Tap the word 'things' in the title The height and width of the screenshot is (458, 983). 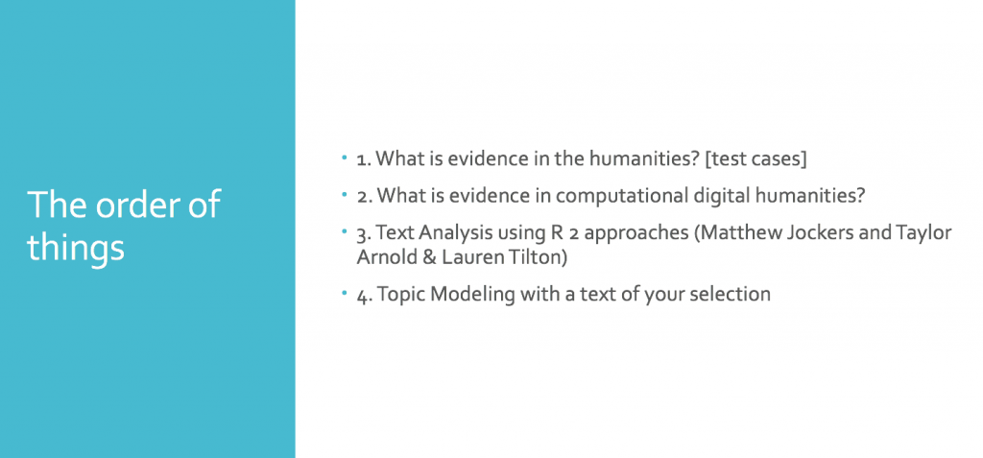tap(75, 248)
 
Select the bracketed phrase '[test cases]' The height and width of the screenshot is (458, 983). tap(755, 159)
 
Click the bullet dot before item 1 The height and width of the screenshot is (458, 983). tap(345, 157)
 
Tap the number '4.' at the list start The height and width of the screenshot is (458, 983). tap(364, 295)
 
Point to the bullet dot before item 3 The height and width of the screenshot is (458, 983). tap(345, 230)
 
